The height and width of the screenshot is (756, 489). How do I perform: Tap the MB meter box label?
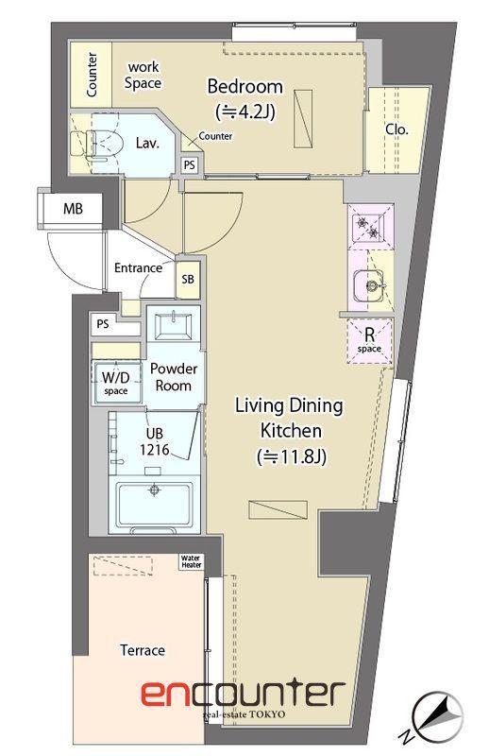tap(74, 209)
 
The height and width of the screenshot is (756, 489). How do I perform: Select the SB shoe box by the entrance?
tap(188, 279)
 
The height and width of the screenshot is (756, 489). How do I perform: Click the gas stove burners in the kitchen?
tap(366, 227)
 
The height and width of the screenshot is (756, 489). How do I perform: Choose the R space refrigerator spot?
tap(369, 340)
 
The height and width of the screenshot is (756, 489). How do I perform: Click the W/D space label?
tap(115, 383)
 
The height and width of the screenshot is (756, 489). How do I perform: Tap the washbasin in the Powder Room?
tap(173, 326)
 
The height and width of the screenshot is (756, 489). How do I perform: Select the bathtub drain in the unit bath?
tap(154, 490)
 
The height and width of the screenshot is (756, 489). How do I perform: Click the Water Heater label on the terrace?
tap(192, 561)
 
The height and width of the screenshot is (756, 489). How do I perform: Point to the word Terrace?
tap(143, 650)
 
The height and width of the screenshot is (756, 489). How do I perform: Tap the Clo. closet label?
tap(397, 129)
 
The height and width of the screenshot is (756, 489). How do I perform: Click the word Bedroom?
tap(245, 87)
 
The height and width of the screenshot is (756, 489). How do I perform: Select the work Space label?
tap(143, 76)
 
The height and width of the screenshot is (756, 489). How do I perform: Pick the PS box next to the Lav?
tap(190, 165)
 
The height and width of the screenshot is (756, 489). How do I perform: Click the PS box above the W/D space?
tap(103, 324)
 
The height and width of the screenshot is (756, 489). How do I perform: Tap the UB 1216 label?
tap(155, 441)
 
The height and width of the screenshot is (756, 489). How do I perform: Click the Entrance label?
tap(138, 268)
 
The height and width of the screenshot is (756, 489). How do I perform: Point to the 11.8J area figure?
tap(292, 456)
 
